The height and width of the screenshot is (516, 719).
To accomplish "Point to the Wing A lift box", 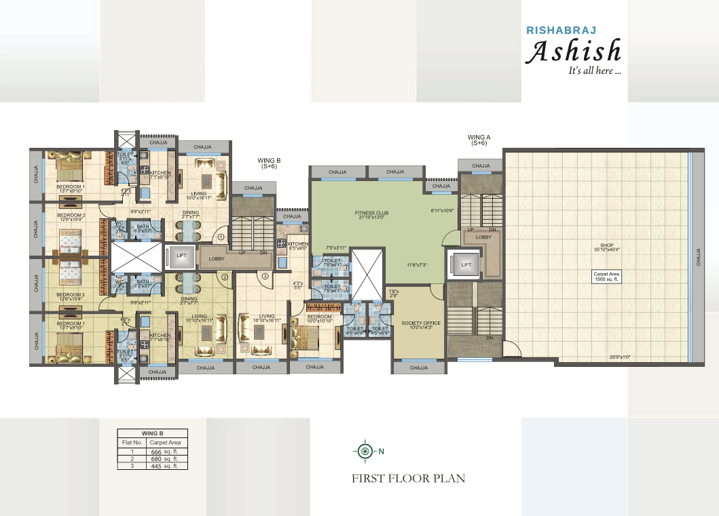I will [466, 265].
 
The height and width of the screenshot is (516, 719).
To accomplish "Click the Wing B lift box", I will [181, 256].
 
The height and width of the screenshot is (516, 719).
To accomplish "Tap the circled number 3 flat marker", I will [265, 277].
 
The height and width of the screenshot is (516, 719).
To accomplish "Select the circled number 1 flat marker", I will [221, 237].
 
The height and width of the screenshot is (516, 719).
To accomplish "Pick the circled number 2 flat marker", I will [225, 277].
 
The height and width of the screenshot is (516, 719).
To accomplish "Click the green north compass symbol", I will [366, 451].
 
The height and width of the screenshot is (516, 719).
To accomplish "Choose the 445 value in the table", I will [157, 466].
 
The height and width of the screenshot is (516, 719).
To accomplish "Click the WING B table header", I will [152, 433].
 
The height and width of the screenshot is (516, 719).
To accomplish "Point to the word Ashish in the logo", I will [574, 52].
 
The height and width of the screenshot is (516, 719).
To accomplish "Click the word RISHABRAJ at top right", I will [557, 30].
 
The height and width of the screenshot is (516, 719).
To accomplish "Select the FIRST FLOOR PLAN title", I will [408, 478].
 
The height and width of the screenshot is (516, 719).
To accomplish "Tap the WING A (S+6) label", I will [479, 140].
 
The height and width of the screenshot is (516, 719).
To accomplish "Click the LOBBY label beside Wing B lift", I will [217, 258].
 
